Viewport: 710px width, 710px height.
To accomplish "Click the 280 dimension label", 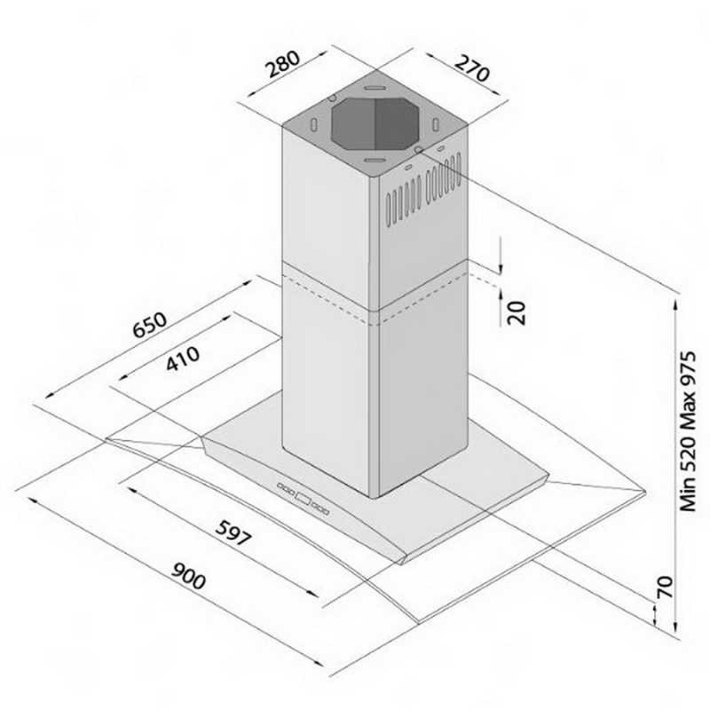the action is pos(283,64).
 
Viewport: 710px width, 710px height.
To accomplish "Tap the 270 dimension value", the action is pos(471,68).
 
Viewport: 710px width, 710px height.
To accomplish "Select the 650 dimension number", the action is pos(150,324).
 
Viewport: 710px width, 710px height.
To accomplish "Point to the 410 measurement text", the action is pos(182,358).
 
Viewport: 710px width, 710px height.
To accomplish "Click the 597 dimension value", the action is pos(233,532).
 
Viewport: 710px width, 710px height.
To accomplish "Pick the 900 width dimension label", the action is pos(188,576).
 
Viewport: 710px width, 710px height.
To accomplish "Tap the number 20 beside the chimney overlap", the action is pos(517,313).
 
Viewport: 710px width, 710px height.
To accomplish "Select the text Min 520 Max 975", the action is pos(687,431).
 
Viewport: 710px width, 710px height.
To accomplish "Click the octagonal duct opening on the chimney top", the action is pos(374,124).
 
